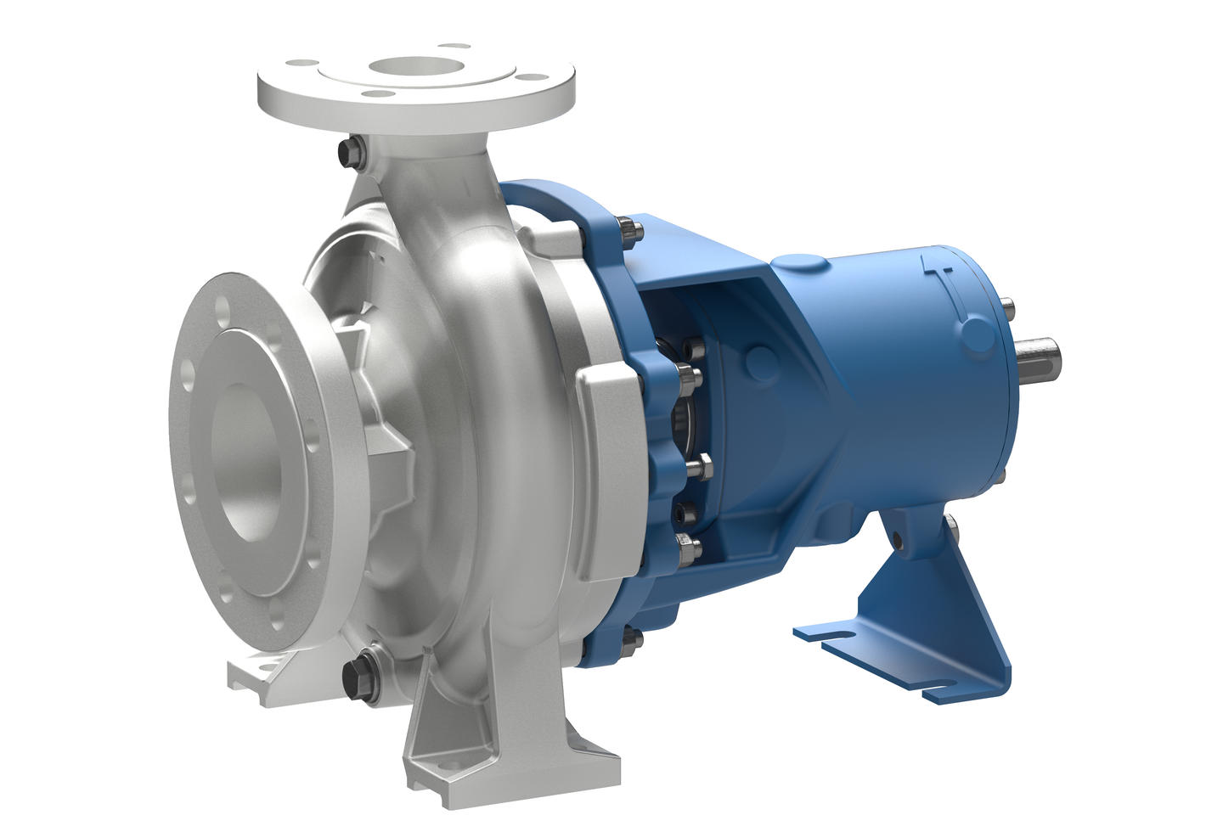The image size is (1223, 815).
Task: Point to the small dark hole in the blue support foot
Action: pos(897,536)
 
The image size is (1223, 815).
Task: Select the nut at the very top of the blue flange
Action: pos(628,227)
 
